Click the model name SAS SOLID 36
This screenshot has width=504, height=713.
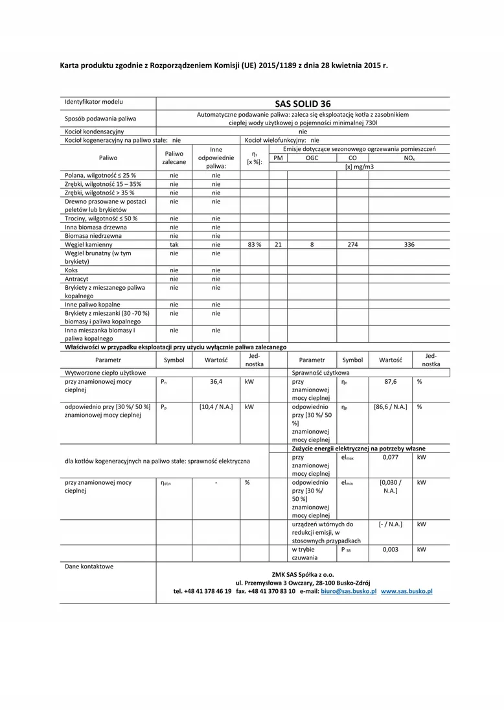303,103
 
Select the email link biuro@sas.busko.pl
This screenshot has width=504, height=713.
349,591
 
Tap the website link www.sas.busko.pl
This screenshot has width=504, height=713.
406,591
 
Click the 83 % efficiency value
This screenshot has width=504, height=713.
254,245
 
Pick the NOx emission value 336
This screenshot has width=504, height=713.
409,245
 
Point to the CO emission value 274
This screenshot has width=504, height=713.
352,245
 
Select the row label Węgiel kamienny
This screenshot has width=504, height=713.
89,245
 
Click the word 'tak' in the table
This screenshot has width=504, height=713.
174,245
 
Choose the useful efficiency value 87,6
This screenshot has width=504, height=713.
390,382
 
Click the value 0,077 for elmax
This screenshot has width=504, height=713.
390,457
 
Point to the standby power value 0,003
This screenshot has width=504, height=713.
390,549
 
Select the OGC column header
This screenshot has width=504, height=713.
312,158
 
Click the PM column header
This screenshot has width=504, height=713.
278,158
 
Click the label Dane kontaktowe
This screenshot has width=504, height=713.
89,567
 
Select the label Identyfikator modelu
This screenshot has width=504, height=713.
93,102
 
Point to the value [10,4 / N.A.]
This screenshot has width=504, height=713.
216,407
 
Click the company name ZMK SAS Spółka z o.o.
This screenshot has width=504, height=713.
303,574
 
